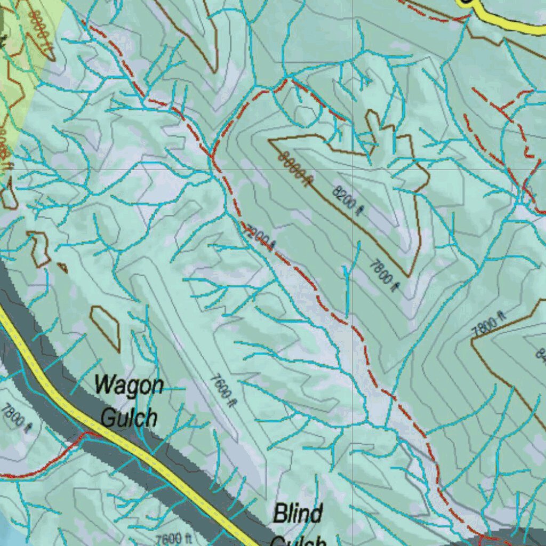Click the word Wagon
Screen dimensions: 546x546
click(x=129, y=385)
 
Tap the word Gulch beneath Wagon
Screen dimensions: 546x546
click(x=129, y=417)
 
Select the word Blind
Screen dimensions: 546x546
click(x=298, y=515)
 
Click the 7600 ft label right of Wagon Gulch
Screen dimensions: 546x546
click(x=223, y=390)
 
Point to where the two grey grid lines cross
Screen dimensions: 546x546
click(x=352, y=170)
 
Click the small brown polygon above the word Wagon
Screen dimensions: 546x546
click(x=105, y=327)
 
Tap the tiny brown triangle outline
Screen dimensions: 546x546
click(x=62, y=267)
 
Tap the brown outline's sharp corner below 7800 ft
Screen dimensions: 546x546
click(x=408, y=276)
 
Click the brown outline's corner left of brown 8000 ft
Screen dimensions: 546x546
click(x=270, y=141)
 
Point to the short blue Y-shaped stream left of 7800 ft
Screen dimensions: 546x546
click(x=347, y=272)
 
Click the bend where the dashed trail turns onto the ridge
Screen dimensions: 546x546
click(x=286, y=80)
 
